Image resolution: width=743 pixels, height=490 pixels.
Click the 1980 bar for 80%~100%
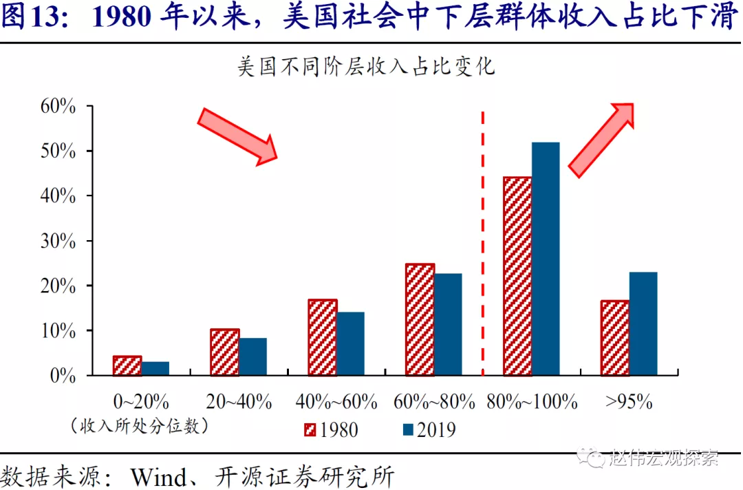[517, 276]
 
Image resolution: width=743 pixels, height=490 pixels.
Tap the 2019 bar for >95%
[643, 323]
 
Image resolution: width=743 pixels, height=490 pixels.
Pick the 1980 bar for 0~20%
[127, 366]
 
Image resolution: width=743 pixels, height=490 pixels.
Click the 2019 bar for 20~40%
[253, 356]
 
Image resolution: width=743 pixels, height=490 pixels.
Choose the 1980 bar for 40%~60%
[323, 337]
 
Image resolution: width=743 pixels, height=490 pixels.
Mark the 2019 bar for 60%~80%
[448, 324]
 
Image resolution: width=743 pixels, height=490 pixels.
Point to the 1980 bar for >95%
[615, 338]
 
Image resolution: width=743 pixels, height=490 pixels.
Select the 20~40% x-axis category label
[239, 402]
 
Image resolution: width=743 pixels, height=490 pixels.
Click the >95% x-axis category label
[628, 402]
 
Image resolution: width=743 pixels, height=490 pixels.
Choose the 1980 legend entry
[331, 430]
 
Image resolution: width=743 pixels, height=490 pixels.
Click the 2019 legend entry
[429, 430]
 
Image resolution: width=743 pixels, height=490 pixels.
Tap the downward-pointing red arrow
[237, 136]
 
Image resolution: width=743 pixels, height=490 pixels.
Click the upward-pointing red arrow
[601, 140]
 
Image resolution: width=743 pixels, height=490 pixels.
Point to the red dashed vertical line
[482, 241]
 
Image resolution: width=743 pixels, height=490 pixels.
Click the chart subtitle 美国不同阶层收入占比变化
[365, 68]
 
